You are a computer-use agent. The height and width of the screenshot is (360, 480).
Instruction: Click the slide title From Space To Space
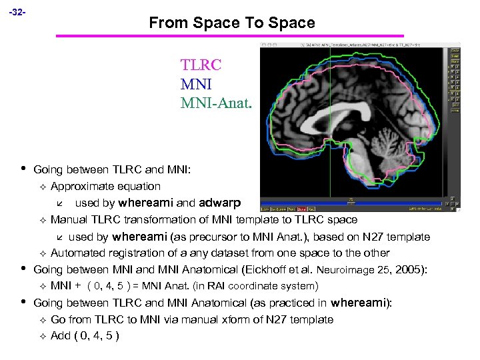pos(231,23)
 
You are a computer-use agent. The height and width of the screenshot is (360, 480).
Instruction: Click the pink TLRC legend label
pos(201,65)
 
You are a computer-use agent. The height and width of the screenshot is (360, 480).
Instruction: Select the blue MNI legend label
pos(196,84)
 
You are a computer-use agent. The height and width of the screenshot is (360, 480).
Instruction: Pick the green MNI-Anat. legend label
pos(216,103)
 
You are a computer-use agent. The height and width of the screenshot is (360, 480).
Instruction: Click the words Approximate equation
pos(105,186)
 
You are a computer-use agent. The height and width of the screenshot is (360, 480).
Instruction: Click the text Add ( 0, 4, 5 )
pos(85,335)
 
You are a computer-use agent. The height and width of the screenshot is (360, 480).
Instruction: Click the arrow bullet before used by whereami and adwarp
pos(59,203)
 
